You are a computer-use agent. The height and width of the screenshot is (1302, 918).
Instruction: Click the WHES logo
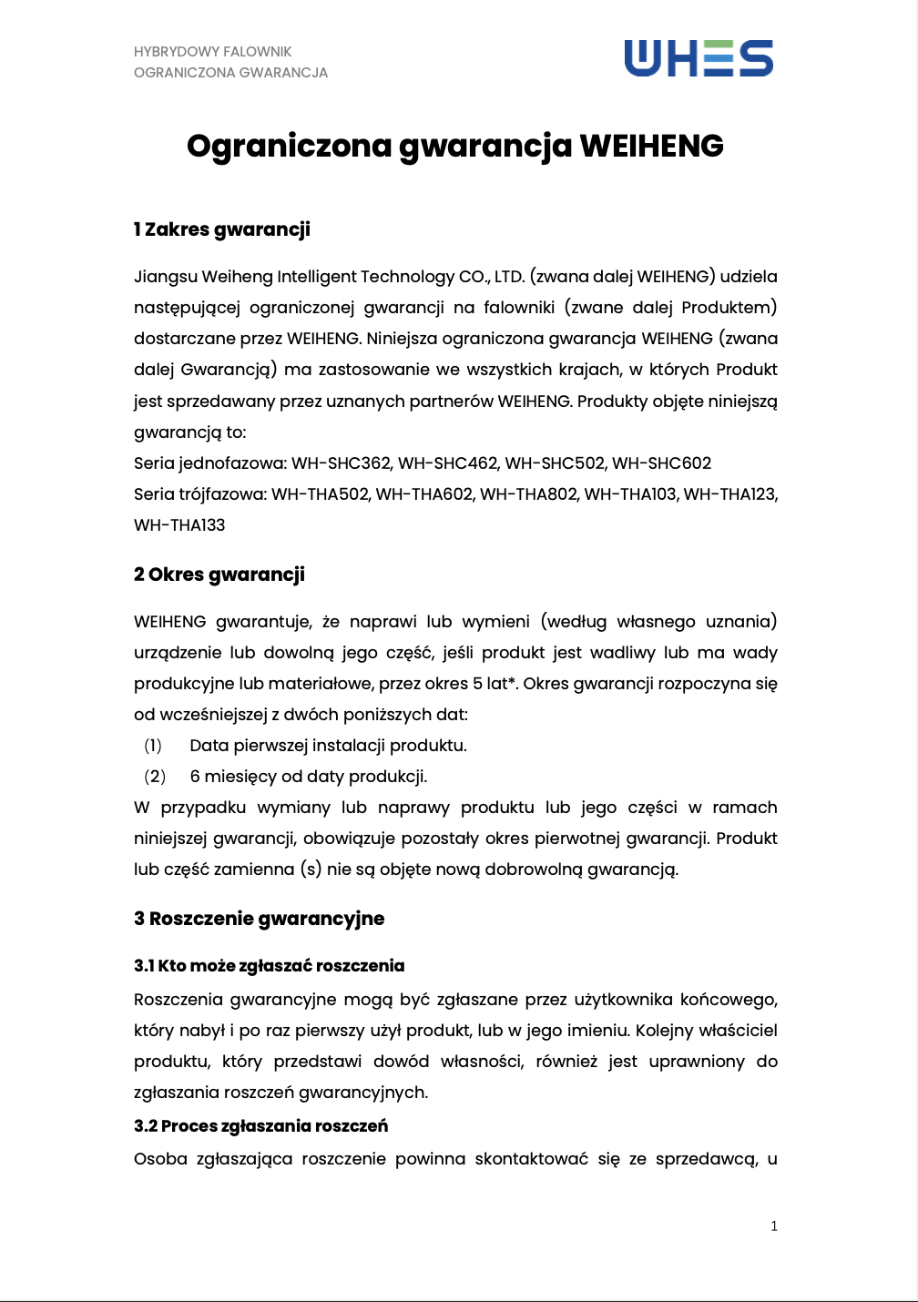click(x=699, y=58)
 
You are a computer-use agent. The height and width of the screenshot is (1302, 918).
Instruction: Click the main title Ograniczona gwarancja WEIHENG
click(x=455, y=146)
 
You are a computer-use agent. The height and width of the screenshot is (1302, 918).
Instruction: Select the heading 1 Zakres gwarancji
click(x=221, y=229)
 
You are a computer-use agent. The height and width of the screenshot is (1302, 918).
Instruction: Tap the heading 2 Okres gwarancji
click(x=219, y=575)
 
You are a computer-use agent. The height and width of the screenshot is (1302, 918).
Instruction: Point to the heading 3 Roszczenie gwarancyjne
click(x=259, y=919)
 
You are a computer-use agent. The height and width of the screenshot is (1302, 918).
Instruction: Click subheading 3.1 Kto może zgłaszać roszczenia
click(x=269, y=966)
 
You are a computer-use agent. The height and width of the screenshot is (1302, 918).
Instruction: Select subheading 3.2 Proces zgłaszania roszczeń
click(x=260, y=1126)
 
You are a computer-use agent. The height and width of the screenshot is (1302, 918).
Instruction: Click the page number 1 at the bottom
click(x=774, y=1226)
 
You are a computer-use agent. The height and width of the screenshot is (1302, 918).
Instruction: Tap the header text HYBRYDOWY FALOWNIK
click(x=212, y=52)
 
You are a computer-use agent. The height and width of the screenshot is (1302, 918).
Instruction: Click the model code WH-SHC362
click(x=342, y=463)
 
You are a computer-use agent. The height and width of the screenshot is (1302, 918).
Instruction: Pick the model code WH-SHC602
click(x=661, y=463)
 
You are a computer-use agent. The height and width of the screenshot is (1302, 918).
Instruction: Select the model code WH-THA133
click(x=179, y=525)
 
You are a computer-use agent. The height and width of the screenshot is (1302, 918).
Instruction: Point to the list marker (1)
click(x=153, y=746)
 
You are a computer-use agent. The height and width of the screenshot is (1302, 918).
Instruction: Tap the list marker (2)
click(x=155, y=777)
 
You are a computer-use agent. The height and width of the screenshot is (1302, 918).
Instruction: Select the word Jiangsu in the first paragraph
click(x=165, y=277)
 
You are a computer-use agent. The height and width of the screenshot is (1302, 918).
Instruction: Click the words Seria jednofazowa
click(x=209, y=463)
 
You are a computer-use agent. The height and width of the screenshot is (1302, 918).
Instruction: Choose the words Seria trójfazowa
click(x=199, y=494)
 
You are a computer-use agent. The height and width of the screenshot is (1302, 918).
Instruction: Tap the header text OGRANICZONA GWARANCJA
click(x=230, y=73)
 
